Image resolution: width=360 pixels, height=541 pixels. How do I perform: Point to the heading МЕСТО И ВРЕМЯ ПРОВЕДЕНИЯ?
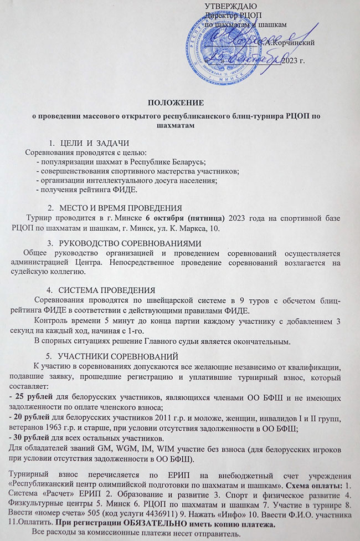tap(116, 207)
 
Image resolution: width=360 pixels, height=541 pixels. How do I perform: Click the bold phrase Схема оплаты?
tap(311, 484)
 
